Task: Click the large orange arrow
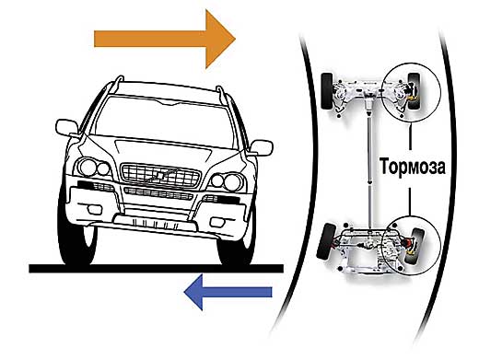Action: (x=165, y=39)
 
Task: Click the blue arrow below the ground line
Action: (x=228, y=292)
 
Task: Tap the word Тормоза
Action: (x=413, y=166)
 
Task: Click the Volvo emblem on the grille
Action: (x=160, y=176)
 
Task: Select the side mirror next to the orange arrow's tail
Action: (x=66, y=128)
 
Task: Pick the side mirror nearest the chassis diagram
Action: (x=262, y=147)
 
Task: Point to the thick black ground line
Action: (x=156, y=268)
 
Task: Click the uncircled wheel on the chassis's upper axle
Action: (x=327, y=91)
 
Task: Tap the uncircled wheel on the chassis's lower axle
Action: (x=326, y=242)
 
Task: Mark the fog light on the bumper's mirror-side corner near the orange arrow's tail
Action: (x=94, y=209)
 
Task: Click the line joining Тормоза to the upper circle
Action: (x=410, y=137)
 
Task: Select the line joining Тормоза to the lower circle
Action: (x=410, y=202)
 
